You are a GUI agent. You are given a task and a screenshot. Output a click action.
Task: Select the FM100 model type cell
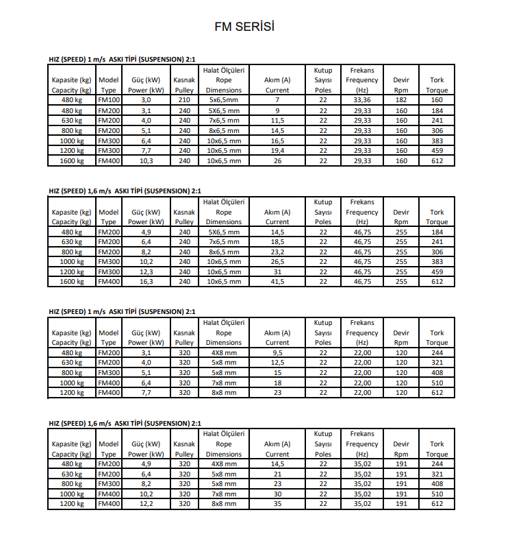click(108, 100)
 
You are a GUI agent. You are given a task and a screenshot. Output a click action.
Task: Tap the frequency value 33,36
click(362, 100)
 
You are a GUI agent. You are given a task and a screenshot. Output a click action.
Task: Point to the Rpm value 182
click(401, 100)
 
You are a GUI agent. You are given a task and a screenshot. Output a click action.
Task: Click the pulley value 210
click(184, 100)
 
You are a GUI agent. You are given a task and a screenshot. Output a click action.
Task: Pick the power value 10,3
click(146, 161)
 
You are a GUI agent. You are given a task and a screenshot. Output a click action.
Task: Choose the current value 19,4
click(277, 151)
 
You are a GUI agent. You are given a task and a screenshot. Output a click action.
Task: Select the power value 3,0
click(146, 100)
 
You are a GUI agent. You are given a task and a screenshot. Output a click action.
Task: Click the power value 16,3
click(146, 282)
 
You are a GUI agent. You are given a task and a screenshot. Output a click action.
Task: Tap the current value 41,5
click(277, 282)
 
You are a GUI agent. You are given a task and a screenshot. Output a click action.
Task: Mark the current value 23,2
click(277, 252)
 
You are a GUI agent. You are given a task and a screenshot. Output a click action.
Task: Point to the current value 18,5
click(277, 242)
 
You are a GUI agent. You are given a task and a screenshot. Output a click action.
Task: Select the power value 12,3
click(146, 272)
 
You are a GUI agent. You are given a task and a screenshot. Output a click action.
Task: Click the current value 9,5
click(277, 353)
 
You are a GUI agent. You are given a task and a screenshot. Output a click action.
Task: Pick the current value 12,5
click(277, 363)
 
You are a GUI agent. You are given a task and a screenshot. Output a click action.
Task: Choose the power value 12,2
click(146, 504)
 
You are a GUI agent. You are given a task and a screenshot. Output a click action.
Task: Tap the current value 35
click(277, 504)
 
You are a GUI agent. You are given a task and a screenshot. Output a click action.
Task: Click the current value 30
click(277, 494)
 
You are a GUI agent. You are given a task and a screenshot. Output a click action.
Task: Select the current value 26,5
click(277, 262)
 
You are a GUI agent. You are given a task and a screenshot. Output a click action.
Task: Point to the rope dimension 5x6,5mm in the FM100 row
click(224, 100)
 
